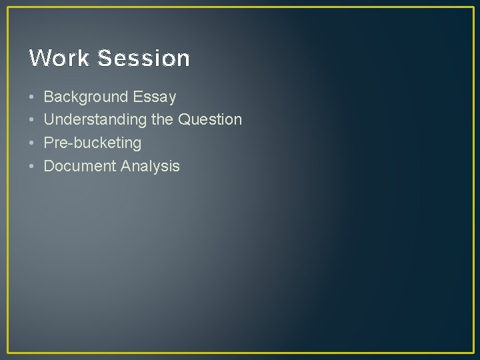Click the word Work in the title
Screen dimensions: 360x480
coord(59,59)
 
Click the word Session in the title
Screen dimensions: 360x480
coord(143,59)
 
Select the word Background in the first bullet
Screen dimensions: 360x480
coord(86,97)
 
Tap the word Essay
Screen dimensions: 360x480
coord(155,97)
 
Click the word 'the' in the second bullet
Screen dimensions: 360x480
coord(163,120)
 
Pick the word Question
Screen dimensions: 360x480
coord(210,120)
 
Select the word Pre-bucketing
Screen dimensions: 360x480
coord(93,143)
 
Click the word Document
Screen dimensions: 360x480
coord(80,166)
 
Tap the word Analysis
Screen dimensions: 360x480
coord(151,166)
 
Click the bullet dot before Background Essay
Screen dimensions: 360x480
coord(31,97)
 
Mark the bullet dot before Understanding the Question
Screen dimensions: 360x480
coord(31,120)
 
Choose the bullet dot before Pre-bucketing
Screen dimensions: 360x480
coord(31,143)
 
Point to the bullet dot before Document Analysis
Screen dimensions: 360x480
coord(31,166)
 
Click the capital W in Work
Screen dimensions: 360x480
coord(38,59)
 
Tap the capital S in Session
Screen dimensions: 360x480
coord(104,59)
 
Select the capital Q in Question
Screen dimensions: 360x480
coord(185,120)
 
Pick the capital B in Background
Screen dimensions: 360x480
coord(49,97)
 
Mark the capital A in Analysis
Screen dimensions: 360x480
coord(127,166)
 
